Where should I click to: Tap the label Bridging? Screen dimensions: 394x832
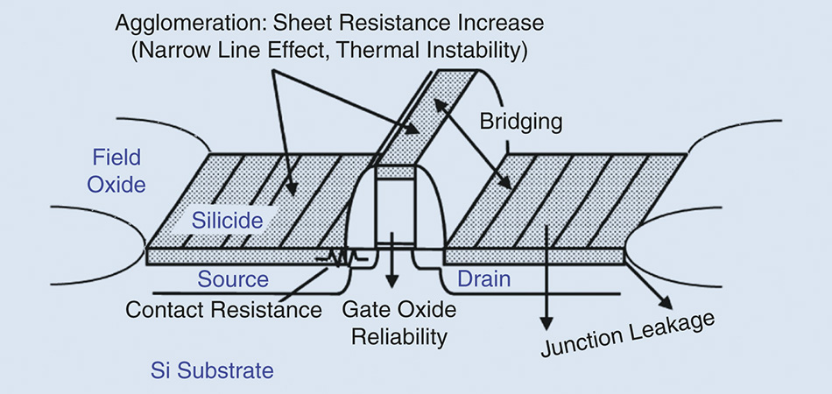(520, 122)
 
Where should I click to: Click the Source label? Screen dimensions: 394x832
(233, 278)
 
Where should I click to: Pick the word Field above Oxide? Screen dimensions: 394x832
(117, 158)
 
